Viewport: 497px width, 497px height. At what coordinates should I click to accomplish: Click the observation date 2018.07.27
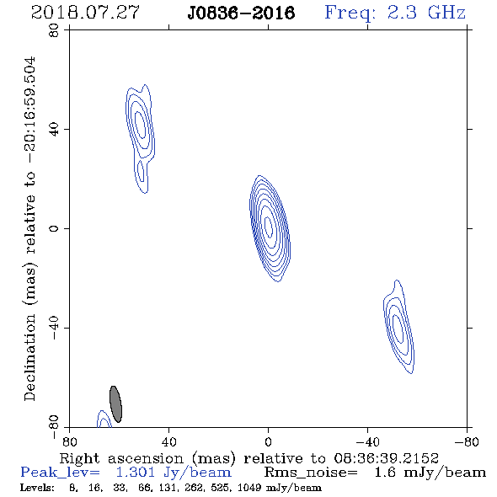[x=85, y=13]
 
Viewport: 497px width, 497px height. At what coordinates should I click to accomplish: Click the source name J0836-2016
[x=241, y=13]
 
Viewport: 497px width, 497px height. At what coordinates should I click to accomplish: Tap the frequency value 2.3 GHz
[x=426, y=13]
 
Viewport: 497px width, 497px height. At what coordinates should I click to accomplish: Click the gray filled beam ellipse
[x=115, y=404]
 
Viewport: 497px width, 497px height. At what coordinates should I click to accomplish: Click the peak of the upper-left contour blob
[x=141, y=125]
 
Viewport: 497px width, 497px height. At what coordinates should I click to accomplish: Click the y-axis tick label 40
[x=54, y=129]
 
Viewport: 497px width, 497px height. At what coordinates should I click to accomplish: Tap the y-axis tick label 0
[x=54, y=228]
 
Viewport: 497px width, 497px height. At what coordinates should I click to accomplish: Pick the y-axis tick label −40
[x=54, y=328]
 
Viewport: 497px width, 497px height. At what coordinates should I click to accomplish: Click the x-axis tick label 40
[x=168, y=442]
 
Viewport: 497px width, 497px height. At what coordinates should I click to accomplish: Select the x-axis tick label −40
[x=367, y=442]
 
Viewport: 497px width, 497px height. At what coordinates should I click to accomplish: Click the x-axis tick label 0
[x=268, y=442]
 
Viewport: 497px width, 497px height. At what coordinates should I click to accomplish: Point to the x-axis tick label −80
[x=467, y=442]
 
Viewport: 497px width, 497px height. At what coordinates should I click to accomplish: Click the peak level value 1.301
[x=136, y=473]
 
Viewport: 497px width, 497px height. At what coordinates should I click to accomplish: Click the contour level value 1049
[x=253, y=488]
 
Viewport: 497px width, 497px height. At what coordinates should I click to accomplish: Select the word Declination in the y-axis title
[x=29, y=357]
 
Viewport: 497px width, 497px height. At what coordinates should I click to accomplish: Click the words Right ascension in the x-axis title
[x=121, y=458]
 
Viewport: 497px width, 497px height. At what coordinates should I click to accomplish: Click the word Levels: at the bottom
[x=37, y=488]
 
